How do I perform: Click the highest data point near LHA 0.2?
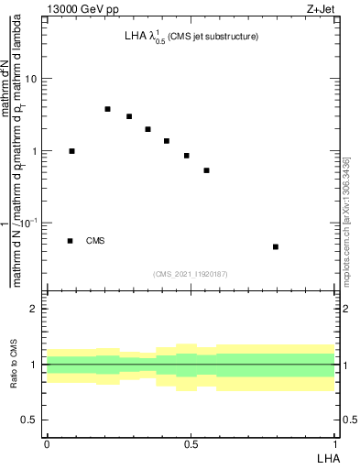point(107,109)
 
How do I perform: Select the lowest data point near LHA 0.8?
point(276,246)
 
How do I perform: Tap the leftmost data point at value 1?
point(72,151)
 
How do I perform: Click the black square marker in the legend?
point(70,241)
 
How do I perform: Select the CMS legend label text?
point(95,241)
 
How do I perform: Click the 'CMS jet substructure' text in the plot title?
point(213,37)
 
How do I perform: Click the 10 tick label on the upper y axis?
point(30,79)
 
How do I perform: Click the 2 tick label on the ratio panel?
point(34,310)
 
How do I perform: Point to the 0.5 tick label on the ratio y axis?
point(30,420)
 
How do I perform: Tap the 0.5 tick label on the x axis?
point(191,443)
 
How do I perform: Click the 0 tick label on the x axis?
point(47,443)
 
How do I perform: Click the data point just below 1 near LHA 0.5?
point(187,156)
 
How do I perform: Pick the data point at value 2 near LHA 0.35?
point(147,129)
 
